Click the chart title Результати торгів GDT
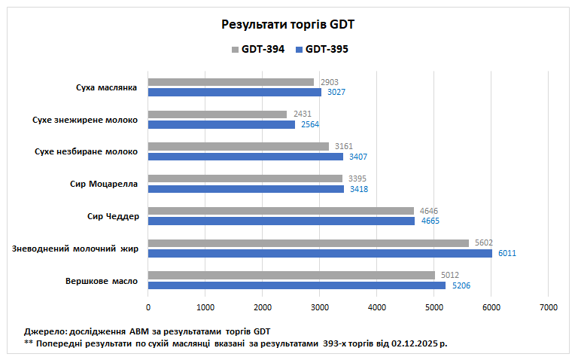(x=288, y=24)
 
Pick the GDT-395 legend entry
(x=326, y=50)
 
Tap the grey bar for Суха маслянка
(x=230, y=81)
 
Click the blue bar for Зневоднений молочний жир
(x=320, y=253)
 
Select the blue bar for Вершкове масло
(x=297, y=285)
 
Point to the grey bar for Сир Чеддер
(x=281, y=211)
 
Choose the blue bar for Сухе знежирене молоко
(x=221, y=124)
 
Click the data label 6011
(x=507, y=253)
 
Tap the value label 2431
(x=303, y=114)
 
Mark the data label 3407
(x=358, y=157)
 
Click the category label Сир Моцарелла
(x=102, y=184)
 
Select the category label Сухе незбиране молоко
(x=86, y=151)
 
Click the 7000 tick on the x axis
(x=548, y=307)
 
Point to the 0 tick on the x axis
(x=148, y=307)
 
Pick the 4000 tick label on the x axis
(x=376, y=307)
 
